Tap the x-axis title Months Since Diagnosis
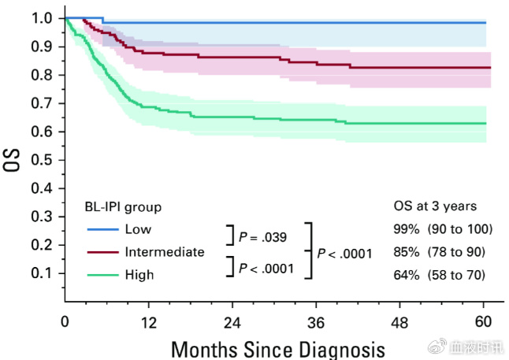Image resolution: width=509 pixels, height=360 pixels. (x=278, y=347)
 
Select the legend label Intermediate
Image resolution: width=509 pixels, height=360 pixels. (x=164, y=252)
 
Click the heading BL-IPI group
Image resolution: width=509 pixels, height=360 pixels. (x=123, y=207)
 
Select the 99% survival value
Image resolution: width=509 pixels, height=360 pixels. (x=407, y=229)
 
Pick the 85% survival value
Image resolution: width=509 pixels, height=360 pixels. (x=407, y=252)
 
